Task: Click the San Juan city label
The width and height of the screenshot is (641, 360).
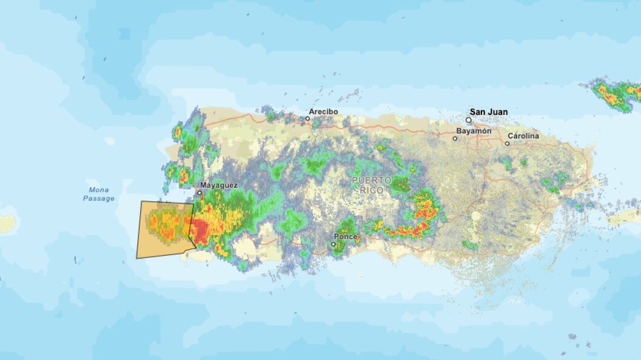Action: [x=489, y=112]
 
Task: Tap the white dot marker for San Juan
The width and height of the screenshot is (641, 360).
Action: [x=468, y=120]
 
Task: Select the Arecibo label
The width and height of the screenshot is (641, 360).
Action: [x=323, y=112]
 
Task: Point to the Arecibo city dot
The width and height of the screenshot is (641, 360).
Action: [x=307, y=119]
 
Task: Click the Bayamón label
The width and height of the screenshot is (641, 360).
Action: [x=474, y=131]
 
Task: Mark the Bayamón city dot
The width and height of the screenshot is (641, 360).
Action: [x=455, y=138]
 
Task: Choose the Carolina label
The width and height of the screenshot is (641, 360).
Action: [x=523, y=136]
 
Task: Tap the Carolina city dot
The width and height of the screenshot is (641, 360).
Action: [x=507, y=144]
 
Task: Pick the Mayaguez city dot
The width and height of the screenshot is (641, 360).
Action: [x=200, y=193]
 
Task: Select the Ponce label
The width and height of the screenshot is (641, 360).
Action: [x=345, y=236]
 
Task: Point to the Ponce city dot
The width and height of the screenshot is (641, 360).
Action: [x=333, y=244]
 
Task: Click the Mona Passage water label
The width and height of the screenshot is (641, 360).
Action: [x=98, y=194]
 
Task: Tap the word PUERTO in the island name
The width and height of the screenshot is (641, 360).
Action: [x=371, y=181]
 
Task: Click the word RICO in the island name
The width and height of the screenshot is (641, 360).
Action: [x=371, y=190]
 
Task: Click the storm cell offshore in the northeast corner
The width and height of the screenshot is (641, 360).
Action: [x=616, y=94]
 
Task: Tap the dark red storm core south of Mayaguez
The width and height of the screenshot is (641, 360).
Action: [x=200, y=230]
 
